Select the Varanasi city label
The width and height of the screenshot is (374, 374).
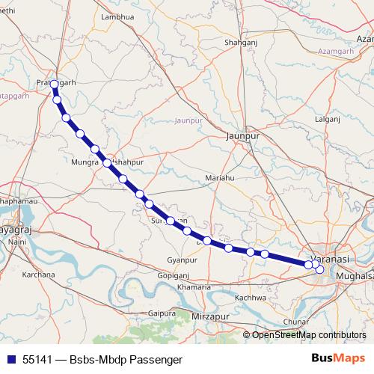pyautogui.click(x=329, y=258)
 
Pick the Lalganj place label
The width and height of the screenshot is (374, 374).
pyautogui.click(x=328, y=118)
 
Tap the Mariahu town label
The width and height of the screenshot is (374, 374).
pyautogui.click(x=220, y=178)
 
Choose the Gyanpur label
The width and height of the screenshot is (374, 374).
pyautogui.click(x=181, y=260)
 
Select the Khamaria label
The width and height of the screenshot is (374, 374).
pyautogui.click(x=194, y=287)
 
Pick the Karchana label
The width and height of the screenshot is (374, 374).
pyautogui.click(x=39, y=275)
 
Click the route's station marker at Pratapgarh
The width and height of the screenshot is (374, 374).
pyautogui.click(x=54, y=85)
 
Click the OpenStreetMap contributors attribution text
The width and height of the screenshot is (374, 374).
pyautogui.click(x=308, y=335)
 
